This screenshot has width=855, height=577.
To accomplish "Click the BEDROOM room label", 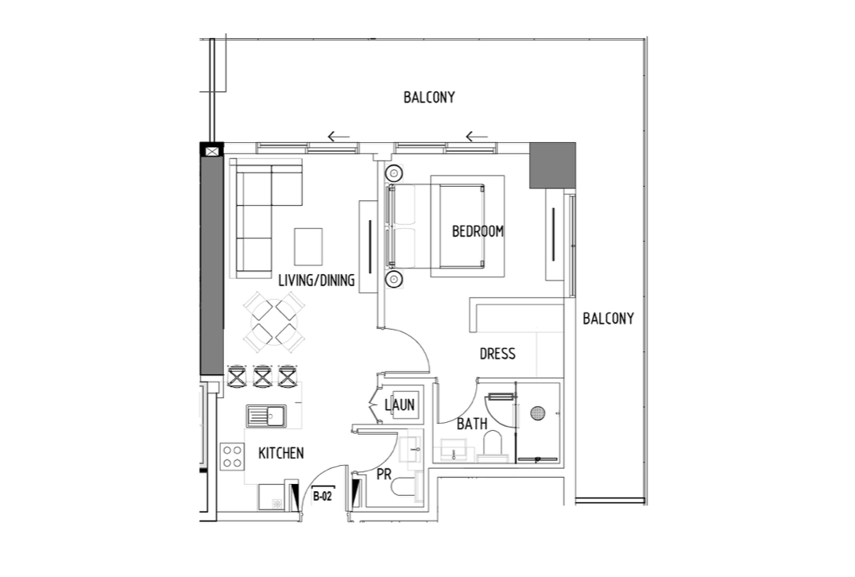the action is point(478,231).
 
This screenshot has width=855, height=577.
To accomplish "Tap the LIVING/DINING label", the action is point(316,281).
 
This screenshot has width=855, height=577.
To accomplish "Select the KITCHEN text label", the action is point(280,453).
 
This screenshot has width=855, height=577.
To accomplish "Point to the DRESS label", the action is point(497,354).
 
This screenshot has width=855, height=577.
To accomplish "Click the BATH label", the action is point(472,423).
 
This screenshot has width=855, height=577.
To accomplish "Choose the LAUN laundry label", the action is point(400,405).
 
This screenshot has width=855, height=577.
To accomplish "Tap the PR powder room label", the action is point(384,474).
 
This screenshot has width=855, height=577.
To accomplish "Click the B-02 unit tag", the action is point(323,496).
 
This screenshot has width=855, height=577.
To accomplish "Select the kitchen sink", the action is point(265,416).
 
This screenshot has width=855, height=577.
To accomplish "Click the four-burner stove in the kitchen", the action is point(232,456).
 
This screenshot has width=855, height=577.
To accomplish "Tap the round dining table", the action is point(274,321).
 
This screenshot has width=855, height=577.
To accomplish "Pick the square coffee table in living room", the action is point(308,246).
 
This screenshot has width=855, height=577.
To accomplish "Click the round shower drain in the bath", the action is point(538,412).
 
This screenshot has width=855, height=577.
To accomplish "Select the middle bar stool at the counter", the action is point(262,376).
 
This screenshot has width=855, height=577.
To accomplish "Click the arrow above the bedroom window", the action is point(477,137).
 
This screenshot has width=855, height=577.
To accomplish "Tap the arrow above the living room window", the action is point(339,137).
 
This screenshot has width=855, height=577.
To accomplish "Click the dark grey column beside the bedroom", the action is point(552,166).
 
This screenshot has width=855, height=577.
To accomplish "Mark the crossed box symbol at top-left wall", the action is point(211,150).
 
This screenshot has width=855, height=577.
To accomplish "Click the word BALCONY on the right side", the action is point(609,319).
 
